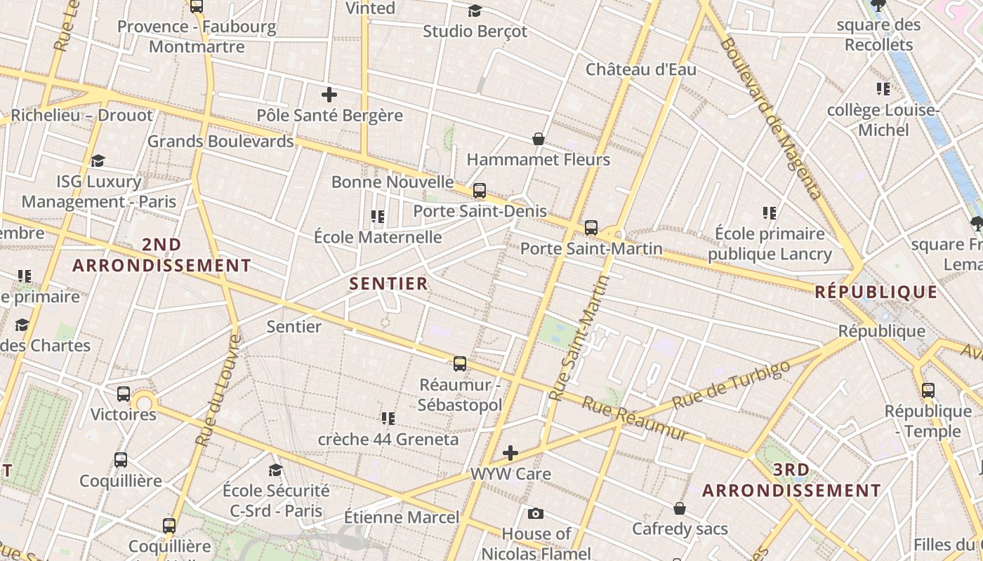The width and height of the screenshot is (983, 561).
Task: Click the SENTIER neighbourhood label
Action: [388, 283]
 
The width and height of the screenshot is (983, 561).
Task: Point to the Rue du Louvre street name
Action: [218, 390]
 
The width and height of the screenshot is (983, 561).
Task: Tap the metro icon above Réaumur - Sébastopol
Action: [460, 363]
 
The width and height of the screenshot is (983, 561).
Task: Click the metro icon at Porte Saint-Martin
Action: [591, 227]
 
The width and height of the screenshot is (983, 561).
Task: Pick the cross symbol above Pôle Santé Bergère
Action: [329, 95]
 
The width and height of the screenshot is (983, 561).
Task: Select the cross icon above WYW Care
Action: [510, 453]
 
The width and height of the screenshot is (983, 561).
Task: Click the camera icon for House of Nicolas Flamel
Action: [536, 513]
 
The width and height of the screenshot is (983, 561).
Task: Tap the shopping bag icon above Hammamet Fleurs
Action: [539, 139]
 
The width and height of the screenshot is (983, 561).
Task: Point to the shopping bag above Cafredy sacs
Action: [680, 508]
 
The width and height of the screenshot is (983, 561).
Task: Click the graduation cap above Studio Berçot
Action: [475, 11]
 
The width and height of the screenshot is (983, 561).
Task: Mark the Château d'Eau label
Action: [641, 69]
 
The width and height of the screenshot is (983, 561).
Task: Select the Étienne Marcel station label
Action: [402, 518]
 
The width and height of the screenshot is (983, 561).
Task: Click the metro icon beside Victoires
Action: [124, 393]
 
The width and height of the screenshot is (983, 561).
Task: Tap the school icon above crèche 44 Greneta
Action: [388, 419]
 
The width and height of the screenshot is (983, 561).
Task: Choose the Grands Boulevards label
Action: [220, 141]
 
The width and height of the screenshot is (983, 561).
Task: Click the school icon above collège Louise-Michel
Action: [883, 89]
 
